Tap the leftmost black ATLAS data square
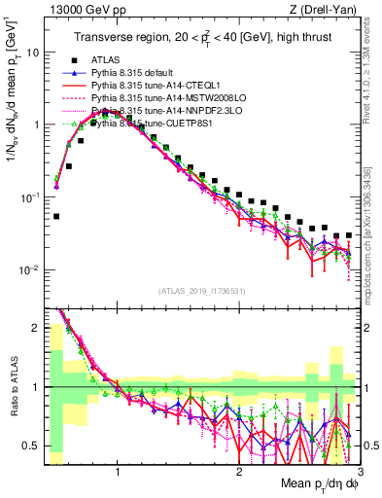56,217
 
